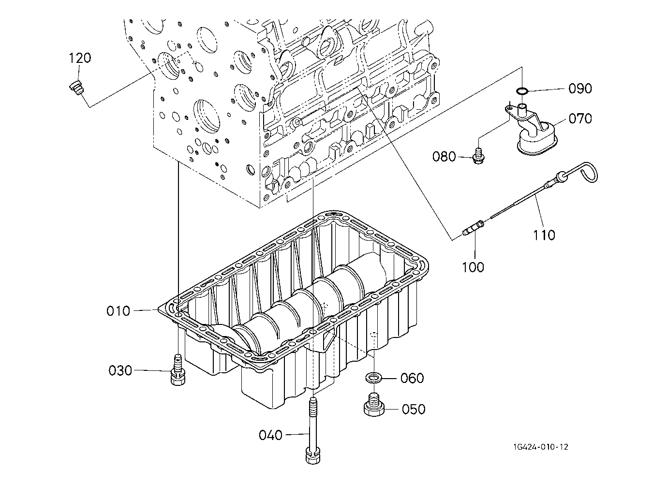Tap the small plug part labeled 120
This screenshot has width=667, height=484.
77,88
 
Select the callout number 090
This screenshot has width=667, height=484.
580,88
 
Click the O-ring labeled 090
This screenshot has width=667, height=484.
522,90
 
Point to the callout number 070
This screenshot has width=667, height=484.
580,118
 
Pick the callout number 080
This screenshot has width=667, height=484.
444,156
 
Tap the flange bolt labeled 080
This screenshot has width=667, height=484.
479,157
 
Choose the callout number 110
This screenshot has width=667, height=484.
544,235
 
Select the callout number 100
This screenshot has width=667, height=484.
473,267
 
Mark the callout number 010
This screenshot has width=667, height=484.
118,311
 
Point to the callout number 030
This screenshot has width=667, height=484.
120,370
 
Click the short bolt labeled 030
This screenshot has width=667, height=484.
178,369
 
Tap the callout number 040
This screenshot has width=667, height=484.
270,435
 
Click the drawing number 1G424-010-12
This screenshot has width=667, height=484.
540,447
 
